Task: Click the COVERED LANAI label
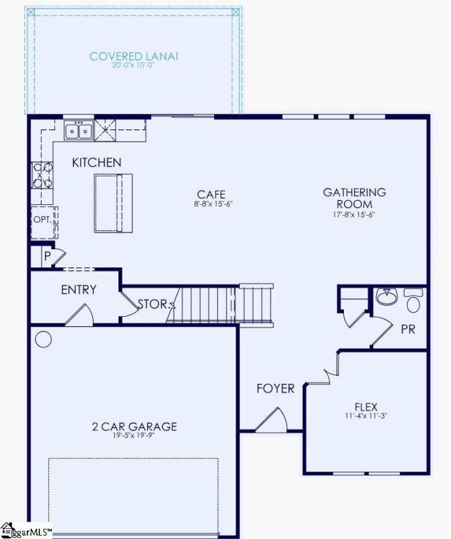click(133, 57)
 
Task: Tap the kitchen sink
click(79, 130)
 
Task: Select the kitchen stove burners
click(42, 175)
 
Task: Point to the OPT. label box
click(42, 220)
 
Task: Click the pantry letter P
click(47, 257)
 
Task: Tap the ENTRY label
click(79, 290)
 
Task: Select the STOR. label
click(153, 304)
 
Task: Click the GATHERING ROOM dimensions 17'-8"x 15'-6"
click(355, 215)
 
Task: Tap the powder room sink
click(386, 297)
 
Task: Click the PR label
click(408, 330)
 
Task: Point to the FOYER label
click(275, 389)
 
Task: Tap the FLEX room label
click(366, 407)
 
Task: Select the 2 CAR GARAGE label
click(135, 426)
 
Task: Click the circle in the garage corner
click(43, 339)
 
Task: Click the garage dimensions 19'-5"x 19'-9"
click(135, 437)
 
